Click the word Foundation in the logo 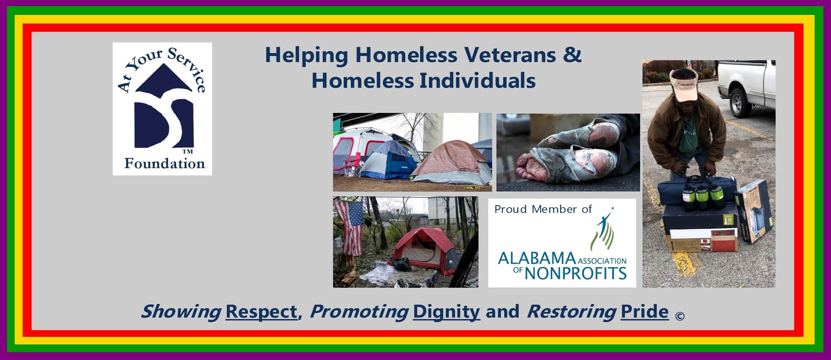point(164,164)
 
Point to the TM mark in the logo point(187,152)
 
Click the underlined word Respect point(261,312)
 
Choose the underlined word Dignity point(446,312)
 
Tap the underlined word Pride point(644,312)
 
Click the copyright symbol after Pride point(680,316)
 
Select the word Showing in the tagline point(181,312)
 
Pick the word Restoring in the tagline point(571,312)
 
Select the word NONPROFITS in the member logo point(576,273)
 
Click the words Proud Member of point(543,209)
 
